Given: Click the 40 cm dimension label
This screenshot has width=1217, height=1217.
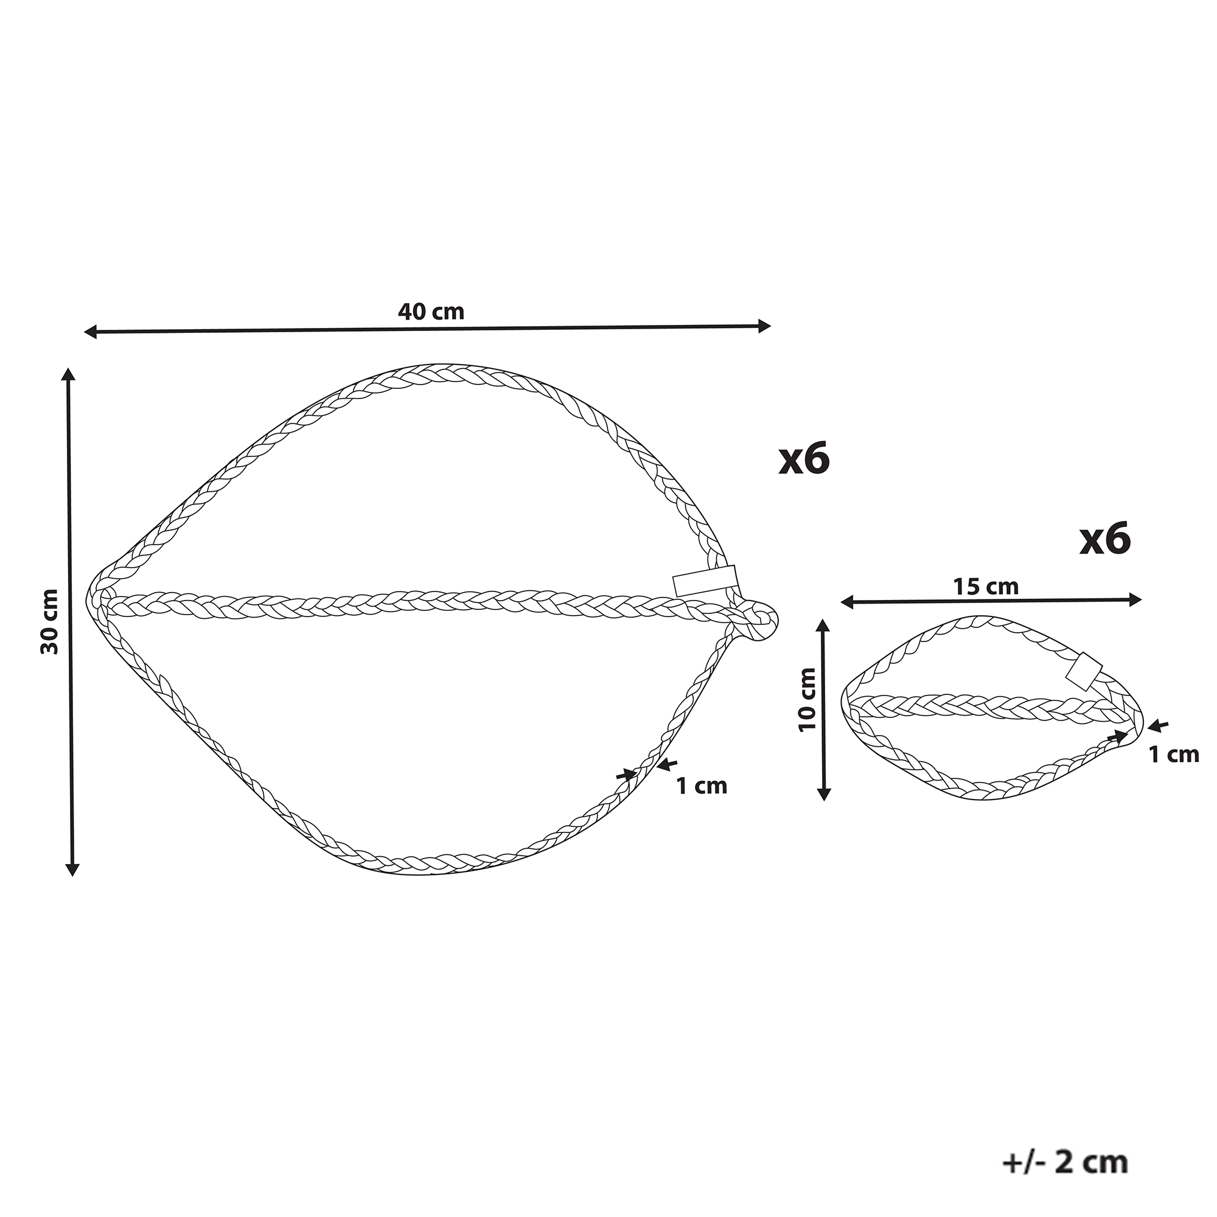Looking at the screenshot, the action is (431, 312).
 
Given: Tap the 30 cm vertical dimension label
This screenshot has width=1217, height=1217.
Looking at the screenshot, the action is (50, 622).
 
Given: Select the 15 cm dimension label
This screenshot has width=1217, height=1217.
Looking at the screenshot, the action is (986, 587).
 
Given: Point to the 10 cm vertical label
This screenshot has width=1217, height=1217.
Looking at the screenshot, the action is (807, 699).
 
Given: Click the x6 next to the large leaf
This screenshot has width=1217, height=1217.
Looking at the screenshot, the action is (804, 459).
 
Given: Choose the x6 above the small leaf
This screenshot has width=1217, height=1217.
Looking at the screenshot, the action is (1106, 540).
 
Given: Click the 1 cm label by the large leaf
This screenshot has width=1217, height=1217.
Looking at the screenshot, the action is (702, 786).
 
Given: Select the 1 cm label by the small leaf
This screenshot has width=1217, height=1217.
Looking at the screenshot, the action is (1174, 755).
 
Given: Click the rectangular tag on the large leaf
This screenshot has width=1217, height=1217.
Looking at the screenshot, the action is (705, 581).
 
